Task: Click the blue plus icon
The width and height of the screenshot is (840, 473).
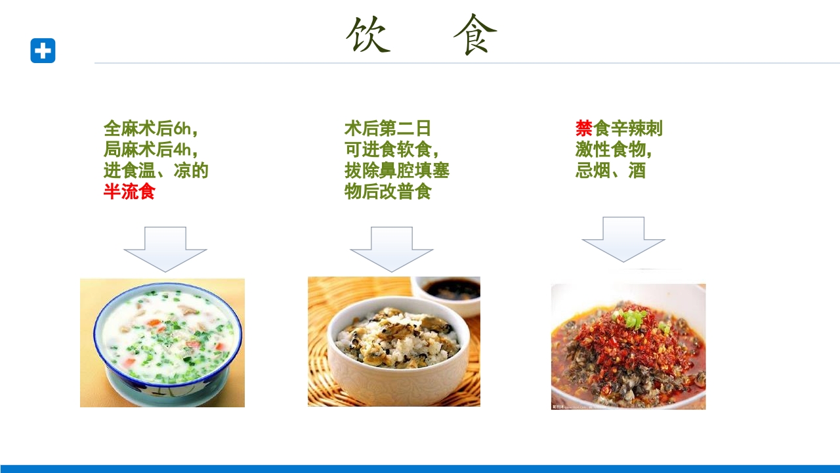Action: [43, 51]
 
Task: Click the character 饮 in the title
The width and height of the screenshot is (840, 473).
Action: [368, 35]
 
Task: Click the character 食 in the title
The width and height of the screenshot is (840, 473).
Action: [475, 35]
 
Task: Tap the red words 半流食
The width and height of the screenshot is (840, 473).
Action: [129, 192]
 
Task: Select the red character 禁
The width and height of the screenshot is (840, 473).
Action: [583, 128]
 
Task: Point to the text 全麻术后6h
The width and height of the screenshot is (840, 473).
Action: [150, 128]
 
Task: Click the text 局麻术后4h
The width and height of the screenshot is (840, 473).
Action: [150, 149]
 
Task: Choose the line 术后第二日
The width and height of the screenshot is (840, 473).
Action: [387, 128]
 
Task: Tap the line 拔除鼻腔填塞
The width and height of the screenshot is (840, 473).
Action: [396, 171]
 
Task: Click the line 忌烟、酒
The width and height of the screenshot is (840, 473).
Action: [610, 171]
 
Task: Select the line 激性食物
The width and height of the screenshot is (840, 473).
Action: [613, 149]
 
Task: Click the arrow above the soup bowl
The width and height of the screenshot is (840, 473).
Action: [165, 249]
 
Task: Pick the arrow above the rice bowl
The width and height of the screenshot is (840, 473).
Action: [392, 249]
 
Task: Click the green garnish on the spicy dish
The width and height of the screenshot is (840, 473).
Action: [633, 320]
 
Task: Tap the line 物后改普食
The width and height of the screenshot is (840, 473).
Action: [387, 192]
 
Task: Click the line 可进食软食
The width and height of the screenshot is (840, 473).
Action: [391, 149]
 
